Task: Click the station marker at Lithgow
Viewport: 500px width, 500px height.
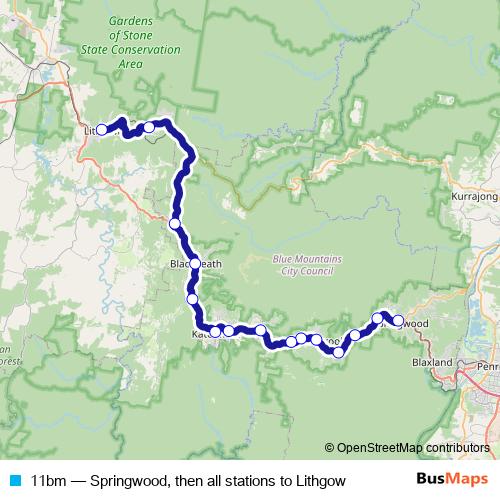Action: click(x=101, y=130)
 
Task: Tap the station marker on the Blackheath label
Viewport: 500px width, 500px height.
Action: click(x=194, y=264)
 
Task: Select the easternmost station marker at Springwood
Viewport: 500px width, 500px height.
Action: click(x=398, y=321)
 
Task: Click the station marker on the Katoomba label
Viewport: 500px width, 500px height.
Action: click(x=214, y=330)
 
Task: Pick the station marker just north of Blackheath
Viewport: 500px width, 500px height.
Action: click(x=175, y=223)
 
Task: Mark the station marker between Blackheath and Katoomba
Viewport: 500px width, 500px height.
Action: click(x=192, y=298)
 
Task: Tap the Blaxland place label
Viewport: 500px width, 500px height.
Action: click(x=434, y=362)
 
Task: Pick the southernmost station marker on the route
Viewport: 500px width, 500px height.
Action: click(x=337, y=352)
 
